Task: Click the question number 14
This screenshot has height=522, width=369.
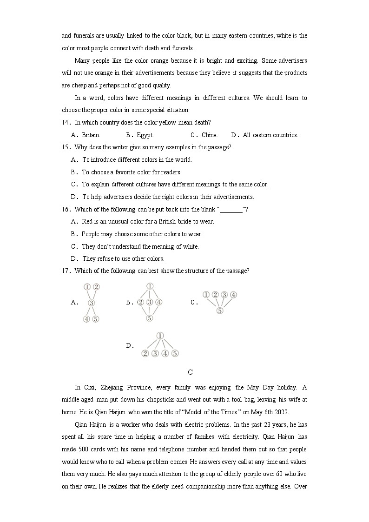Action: click(66, 123)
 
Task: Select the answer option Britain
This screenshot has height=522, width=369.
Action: click(91, 135)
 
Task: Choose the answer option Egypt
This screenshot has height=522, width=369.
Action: click(145, 135)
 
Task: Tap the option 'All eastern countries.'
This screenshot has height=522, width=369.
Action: click(270, 135)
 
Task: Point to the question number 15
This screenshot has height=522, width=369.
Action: click(66, 147)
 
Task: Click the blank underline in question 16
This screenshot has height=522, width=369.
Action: click(231, 210)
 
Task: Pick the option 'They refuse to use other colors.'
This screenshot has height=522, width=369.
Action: click(123, 259)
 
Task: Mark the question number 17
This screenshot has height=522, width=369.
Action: click(66, 271)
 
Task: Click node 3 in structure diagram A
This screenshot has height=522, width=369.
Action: click(92, 303)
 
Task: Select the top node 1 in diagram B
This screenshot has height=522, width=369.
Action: click(150, 286)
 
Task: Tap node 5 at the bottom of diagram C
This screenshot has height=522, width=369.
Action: click(220, 311)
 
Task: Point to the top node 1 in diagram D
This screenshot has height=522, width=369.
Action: click(160, 336)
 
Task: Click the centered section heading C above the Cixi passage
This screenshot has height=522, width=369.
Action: click(190, 372)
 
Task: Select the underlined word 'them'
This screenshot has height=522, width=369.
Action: click(249, 449)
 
